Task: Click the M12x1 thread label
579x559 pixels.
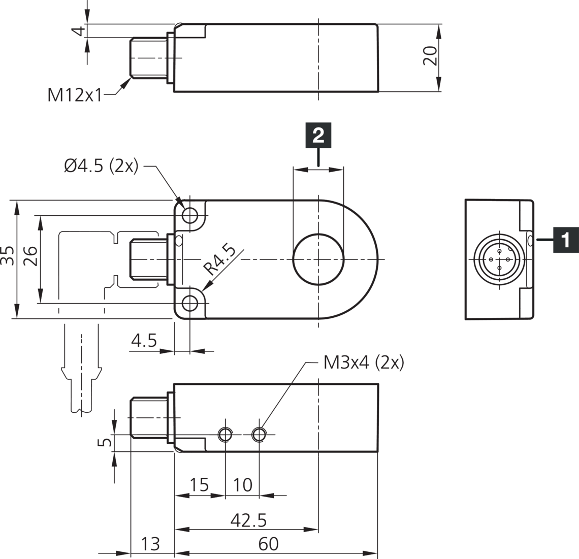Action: click(75, 94)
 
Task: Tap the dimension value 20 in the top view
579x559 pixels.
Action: click(430, 55)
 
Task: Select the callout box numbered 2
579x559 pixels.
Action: click(318, 135)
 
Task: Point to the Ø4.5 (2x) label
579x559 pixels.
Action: click(101, 166)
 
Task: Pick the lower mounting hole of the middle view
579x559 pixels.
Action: click(190, 304)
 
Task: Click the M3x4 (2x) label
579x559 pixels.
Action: click(363, 363)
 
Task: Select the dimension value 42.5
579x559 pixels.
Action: click(248, 520)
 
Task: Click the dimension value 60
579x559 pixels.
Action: click(268, 544)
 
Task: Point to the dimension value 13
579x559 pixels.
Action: click(150, 544)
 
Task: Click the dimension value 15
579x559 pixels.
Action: click(199, 485)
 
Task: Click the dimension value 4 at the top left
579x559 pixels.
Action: click(77, 30)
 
